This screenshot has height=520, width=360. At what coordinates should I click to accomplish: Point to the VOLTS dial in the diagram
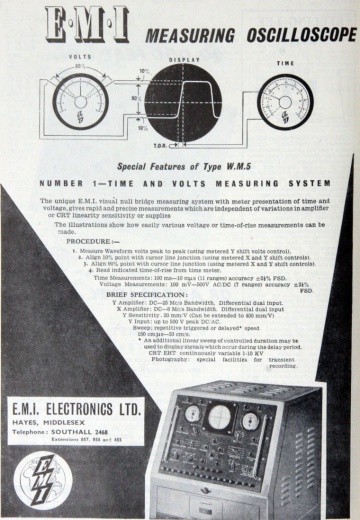pyautogui.click(x=79, y=102)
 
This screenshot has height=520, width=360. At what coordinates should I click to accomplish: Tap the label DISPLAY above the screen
pyautogui.click(x=181, y=59)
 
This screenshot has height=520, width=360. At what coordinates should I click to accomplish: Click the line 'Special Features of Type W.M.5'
pyautogui.click(x=179, y=167)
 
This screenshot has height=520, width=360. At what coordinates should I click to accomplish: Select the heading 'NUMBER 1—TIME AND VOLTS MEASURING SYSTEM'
pyautogui.click(x=179, y=186)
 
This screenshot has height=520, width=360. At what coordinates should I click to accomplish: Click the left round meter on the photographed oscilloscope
pyautogui.click(x=192, y=412)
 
